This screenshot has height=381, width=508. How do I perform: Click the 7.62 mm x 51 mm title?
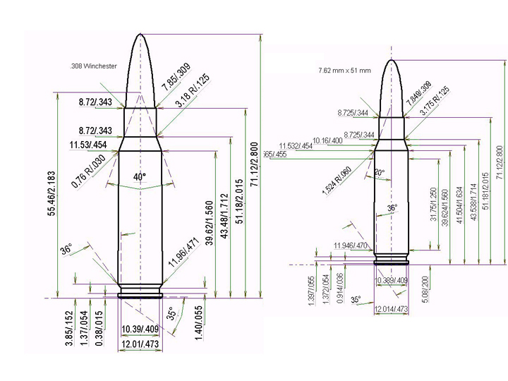344,71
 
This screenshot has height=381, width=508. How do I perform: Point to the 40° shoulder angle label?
140,176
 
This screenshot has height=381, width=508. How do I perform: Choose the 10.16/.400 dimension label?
327,140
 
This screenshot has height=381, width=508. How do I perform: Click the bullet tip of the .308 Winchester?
140,36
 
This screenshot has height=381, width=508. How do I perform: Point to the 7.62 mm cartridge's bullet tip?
392,61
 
